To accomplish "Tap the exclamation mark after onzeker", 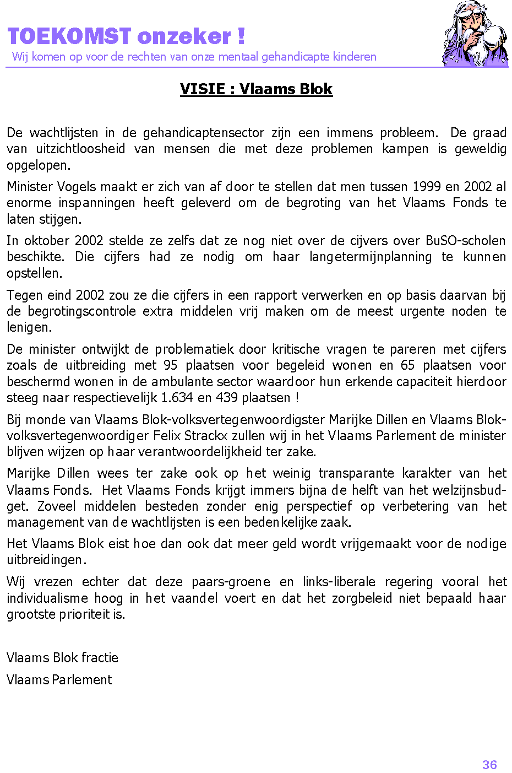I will click(x=241, y=36).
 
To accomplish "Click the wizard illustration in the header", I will click(x=475, y=34).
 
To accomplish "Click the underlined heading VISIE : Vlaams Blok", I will click(x=256, y=89).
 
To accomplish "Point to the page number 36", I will click(x=489, y=765).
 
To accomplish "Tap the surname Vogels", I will click(x=76, y=187).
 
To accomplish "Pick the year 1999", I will click(x=427, y=187).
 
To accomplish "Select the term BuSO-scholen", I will click(x=465, y=241).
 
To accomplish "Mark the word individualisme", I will click(x=47, y=598).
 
